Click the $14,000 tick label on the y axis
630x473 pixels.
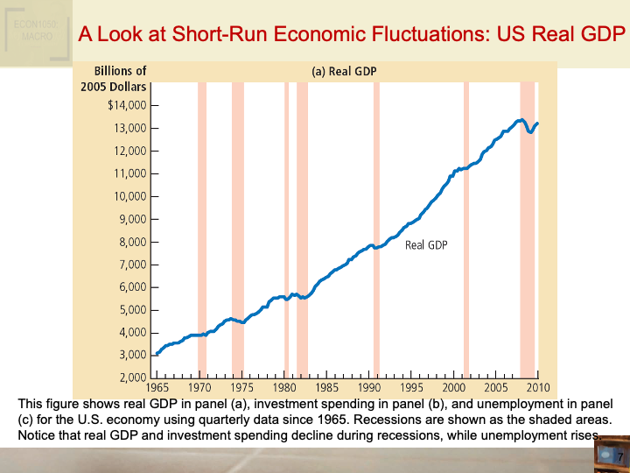(x=127, y=106)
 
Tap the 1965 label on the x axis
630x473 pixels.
(x=158, y=387)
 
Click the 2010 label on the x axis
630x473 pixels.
(x=537, y=387)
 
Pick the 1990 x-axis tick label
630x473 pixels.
(x=368, y=387)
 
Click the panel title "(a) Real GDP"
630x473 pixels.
(x=344, y=72)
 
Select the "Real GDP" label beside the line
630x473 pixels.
(x=426, y=245)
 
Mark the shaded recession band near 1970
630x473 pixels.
(x=202, y=228)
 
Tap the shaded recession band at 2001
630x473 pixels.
(x=465, y=228)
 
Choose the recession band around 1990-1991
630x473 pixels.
(x=376, y=228)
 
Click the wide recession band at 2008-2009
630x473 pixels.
(x=527, y=228)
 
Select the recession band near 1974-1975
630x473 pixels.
(x=238, y=228)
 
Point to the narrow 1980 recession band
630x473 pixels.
(x=286, y=228)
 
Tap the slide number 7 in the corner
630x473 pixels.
(x=619, y=457)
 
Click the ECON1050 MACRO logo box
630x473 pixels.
(x=34, y=32)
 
